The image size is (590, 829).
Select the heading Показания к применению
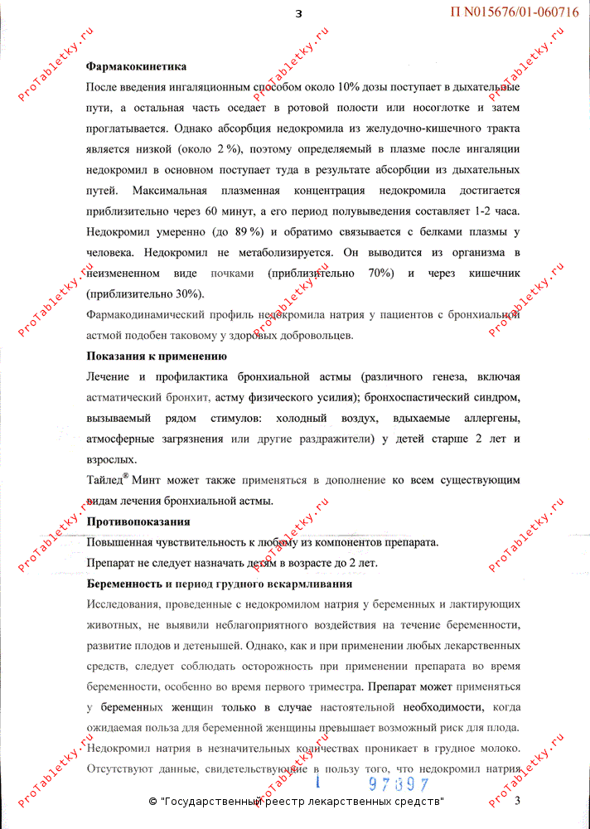(157, 356)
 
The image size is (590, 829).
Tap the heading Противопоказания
(138, 521)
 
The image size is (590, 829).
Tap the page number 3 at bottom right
(517, 801)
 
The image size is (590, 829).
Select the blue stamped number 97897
(399, 784)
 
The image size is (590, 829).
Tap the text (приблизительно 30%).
(144, 293)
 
